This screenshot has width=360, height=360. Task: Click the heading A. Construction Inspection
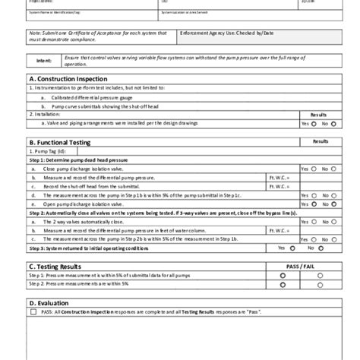click(x=69, y=79)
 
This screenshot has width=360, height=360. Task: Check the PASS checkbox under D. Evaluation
click(x=33, y=312)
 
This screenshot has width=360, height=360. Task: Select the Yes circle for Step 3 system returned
click(x=292, y=248)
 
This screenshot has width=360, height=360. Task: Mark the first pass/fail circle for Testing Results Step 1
click(x=283, y=276)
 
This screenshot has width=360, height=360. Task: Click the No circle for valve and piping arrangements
click(x=333, y=123)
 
